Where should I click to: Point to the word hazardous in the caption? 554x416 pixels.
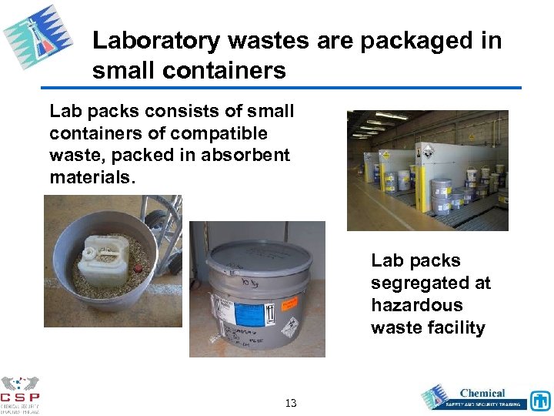(416, 305)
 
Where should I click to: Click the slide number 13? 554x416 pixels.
(290, 403)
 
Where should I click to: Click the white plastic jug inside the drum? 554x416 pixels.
(103, 252)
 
